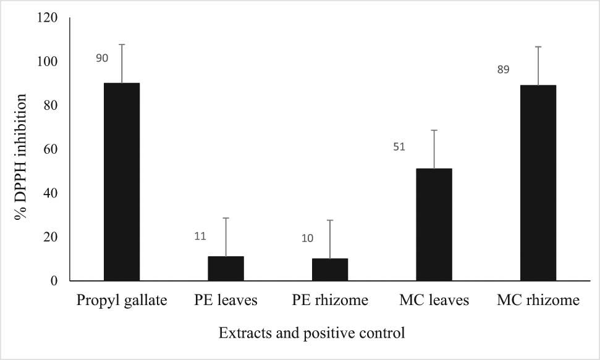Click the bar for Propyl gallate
tap(121, 182)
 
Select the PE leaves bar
tap(226, 269)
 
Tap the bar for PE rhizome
tap(329, 270)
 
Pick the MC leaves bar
tap(434, 225)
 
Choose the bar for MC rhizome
tap(538, 183)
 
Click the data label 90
tap(102, 59)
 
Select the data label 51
tap(401, 148)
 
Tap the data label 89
tap(503, 70)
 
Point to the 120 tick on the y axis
tap(47, 18)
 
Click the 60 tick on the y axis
tap(50, 149)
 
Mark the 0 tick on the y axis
tap(54, 281)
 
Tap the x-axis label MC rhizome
tap(538, 301)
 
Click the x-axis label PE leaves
tap(225, 301)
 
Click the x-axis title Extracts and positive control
tap(312, 333)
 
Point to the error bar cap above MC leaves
tap(434, 130)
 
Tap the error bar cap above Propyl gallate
tap(121, 44)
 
